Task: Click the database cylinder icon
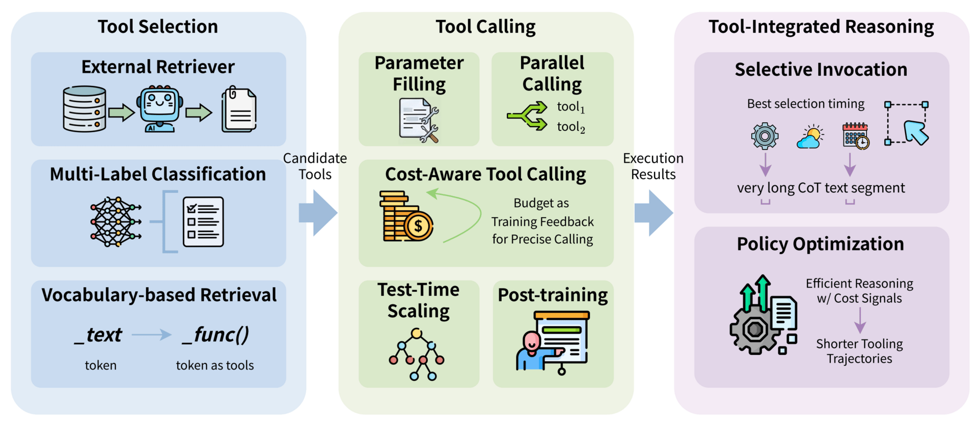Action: (x=85, y=109)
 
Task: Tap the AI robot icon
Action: (x=159, y=109)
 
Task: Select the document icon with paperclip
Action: (x=239, y=109)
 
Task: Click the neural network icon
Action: (x=116, y=222)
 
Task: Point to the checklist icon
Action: (x=203, y=222)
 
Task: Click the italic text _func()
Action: (x=215, y=334)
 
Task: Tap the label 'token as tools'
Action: (x=214, y=365)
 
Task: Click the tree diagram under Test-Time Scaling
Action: (x=417, y=354)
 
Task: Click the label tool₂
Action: (x=570, y=127)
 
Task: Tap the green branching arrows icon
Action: (x=527, y=116)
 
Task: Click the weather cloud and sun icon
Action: (x=809, y=136)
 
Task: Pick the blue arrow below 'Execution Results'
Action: (x=653, y=213)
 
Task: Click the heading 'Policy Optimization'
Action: (x=820, y=244)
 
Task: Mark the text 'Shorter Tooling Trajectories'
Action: (x=859, y=351)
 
